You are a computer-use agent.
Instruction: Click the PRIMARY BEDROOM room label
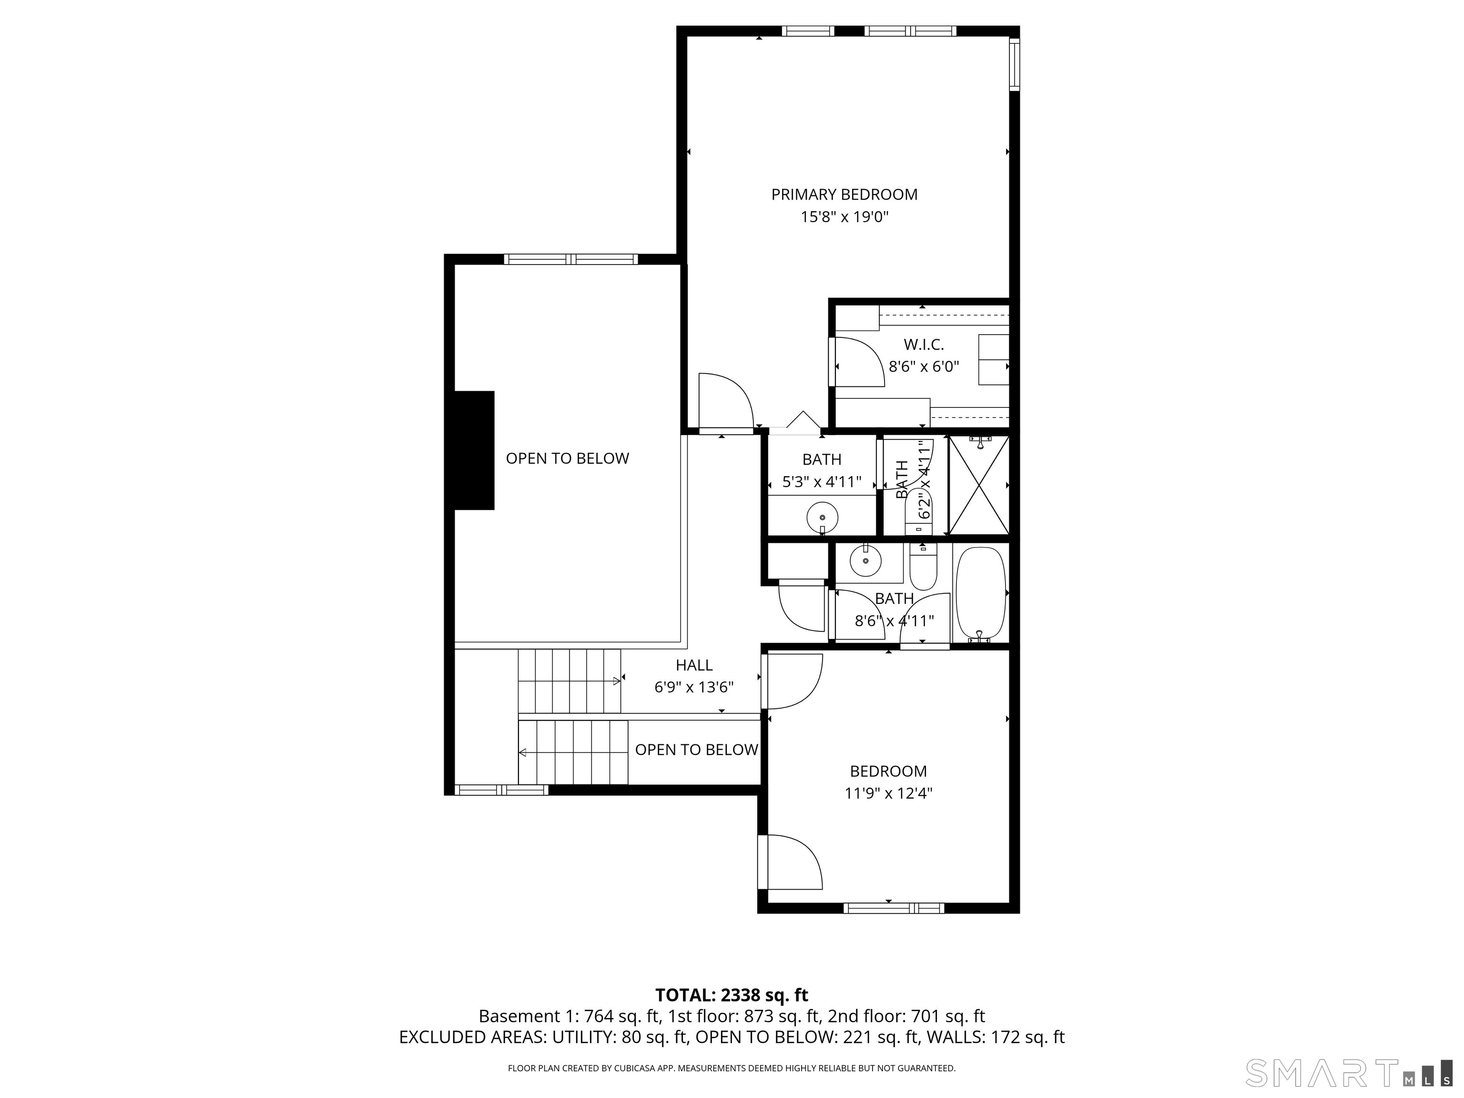[x=844, y=194]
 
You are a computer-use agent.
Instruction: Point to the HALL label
[x=694, y=665]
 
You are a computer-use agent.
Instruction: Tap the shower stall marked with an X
[x=979, y=485]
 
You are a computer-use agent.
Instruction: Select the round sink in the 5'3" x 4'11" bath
[x=822, y=518]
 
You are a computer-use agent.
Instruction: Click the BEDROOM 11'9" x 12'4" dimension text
[x=888, y=793]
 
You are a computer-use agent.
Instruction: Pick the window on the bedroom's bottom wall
[x=894, y=908]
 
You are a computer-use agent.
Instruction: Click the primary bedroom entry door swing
[x=727, y=401]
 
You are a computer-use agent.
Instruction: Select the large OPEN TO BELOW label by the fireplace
[x=567, y=458]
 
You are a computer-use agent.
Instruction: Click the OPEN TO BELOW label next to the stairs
[x=696, y=749]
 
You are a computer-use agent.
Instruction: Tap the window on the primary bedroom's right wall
[x=1014, y=64]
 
